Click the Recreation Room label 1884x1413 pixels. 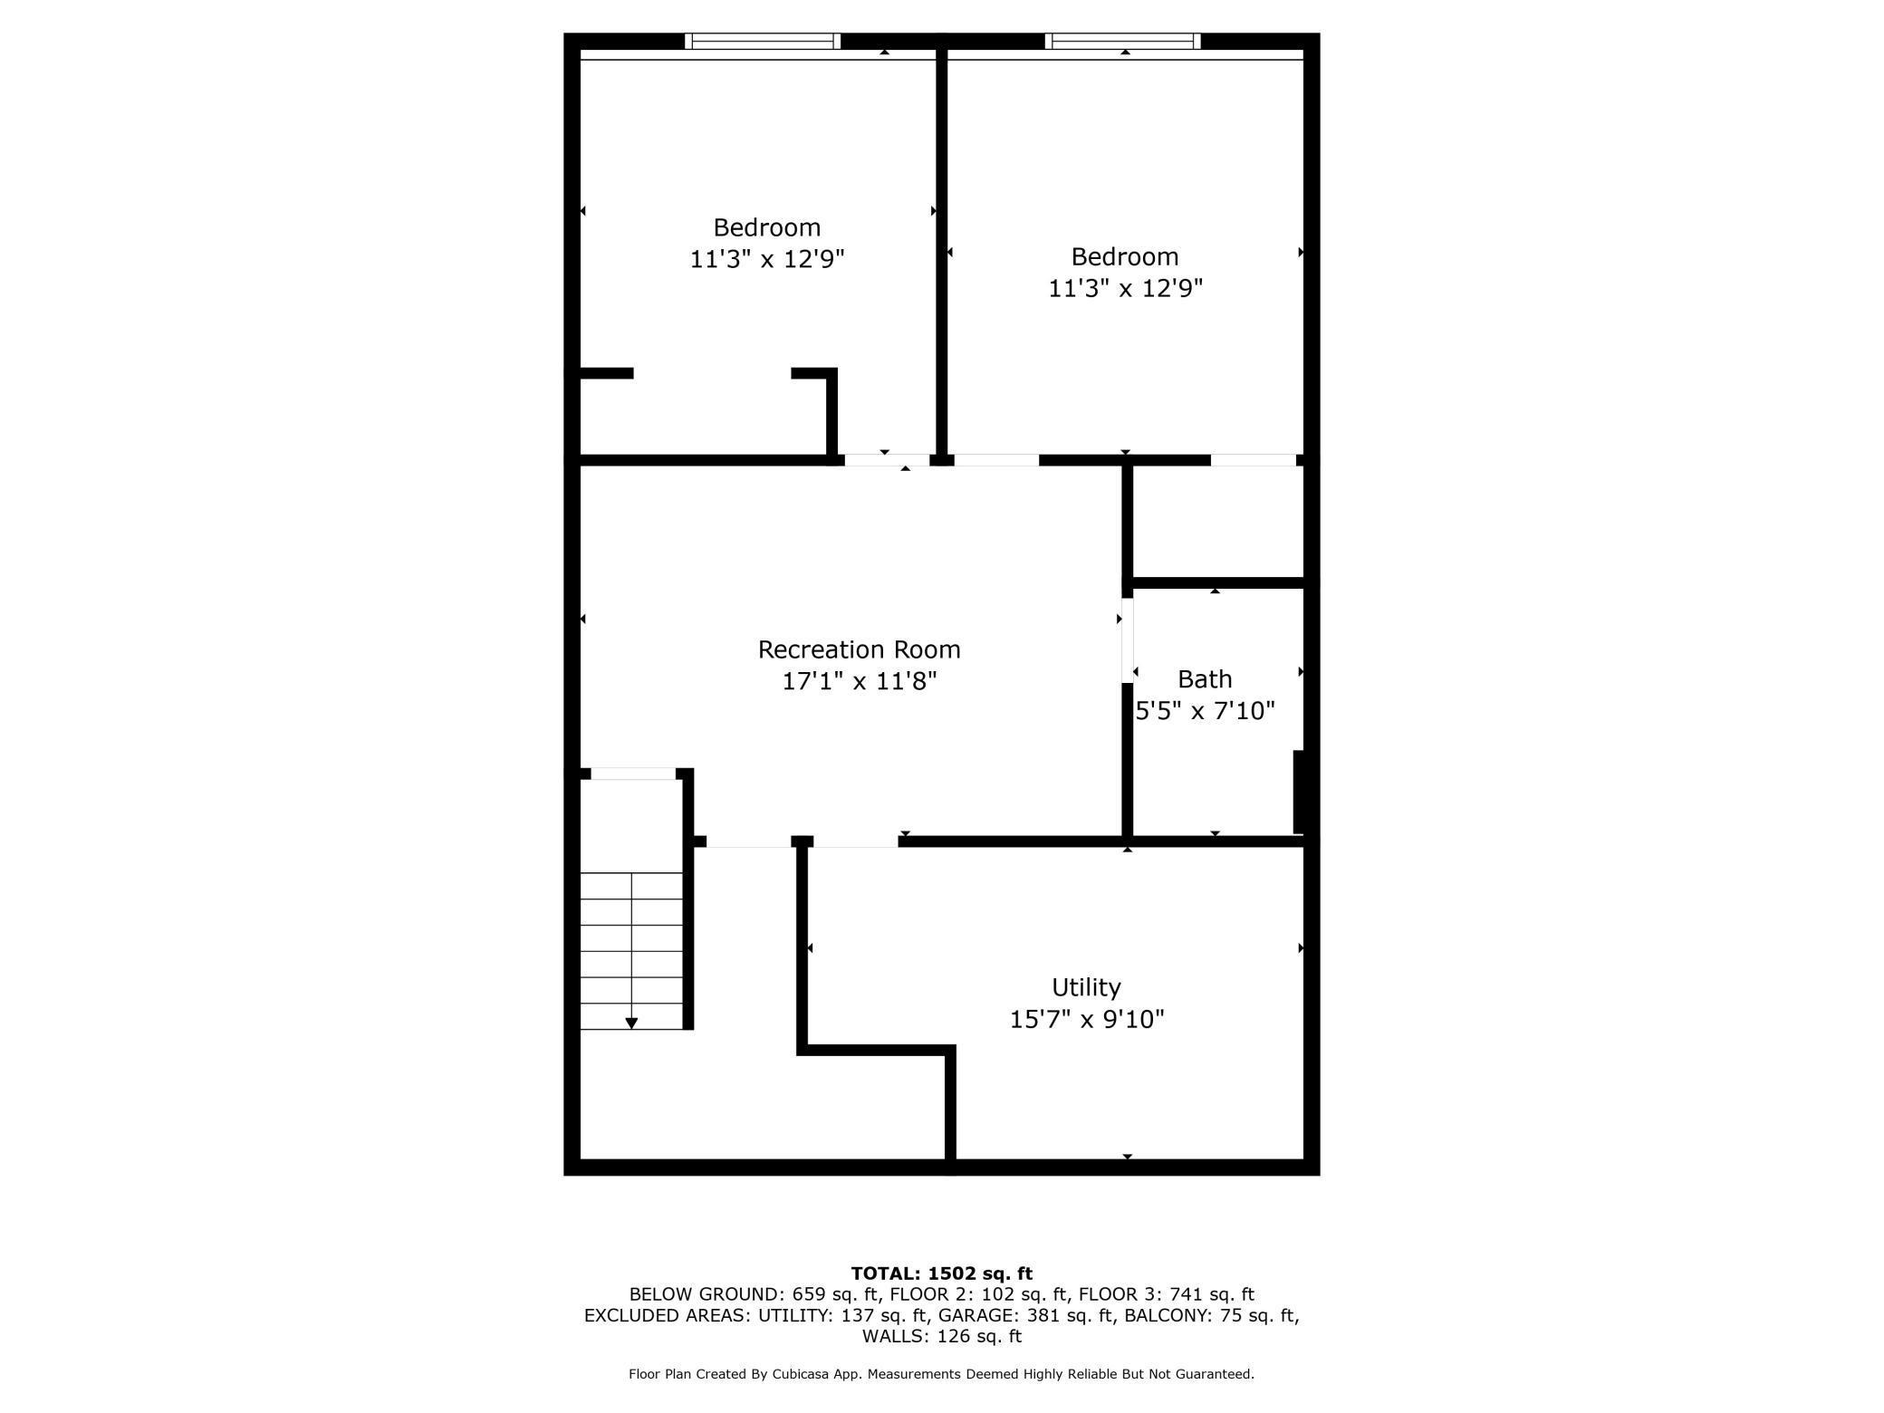pos(859,649)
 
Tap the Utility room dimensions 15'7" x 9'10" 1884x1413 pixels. pos(1086,1019)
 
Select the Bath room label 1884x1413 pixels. pos(1205,678)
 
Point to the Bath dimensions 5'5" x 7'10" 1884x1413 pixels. pos(1206,711)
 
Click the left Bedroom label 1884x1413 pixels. pos(766,227)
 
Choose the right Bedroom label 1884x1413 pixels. pos(1124,256)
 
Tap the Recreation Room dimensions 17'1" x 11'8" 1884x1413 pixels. pos(859,681)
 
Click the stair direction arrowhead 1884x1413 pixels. pos(631,1023)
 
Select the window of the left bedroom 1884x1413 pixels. pos(762,41)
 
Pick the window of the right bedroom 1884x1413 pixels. pos(1122,41)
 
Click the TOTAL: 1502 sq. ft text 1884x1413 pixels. pos(941,1274)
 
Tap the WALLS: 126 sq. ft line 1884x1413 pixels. pos(941,1336)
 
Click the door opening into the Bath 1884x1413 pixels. pos(1128,639)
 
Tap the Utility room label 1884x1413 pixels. pos(1086,987)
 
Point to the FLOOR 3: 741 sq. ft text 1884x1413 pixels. pos(1166,1294)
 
